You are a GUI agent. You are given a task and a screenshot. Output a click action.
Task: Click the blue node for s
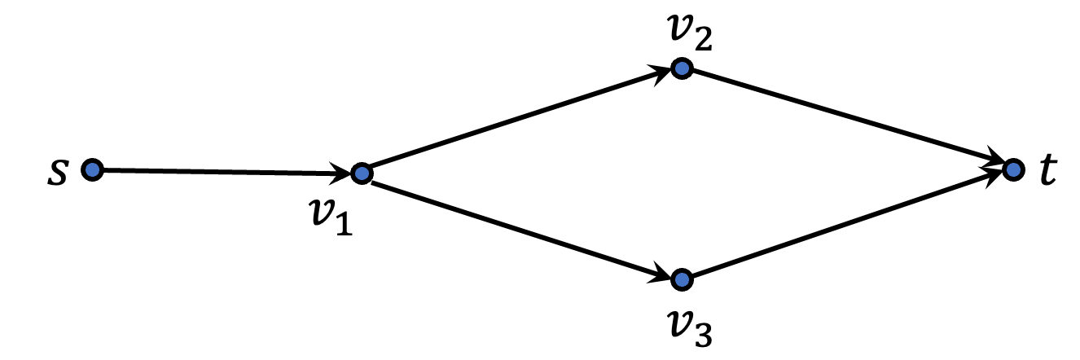click(92, 169)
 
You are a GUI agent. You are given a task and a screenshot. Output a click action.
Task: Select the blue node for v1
click(362, 173)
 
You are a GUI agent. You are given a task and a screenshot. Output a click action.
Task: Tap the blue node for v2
click(682, 68)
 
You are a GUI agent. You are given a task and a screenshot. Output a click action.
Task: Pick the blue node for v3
click(682, 279)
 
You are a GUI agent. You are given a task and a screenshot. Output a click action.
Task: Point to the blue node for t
click(1012, 169)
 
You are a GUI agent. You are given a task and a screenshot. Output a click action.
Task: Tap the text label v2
click(685, 32)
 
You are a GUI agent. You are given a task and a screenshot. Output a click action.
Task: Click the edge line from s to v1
click(220, 171)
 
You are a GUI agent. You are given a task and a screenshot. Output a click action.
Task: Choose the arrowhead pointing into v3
click(663, 274)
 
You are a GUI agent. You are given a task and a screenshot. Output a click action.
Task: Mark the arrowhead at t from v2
click(994, 164)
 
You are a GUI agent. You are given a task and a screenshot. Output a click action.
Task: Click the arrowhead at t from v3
click(994, 176)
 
